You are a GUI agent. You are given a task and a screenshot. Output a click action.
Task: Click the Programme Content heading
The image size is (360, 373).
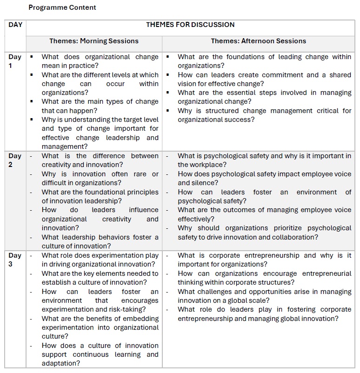pos(62,7)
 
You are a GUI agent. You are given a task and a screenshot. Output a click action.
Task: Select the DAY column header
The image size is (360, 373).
pos(15,25)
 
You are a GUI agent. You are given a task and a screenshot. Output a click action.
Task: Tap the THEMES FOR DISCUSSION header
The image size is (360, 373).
pos(190,25)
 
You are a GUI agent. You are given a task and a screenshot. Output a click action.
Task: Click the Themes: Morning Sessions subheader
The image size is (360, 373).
pos(94,41)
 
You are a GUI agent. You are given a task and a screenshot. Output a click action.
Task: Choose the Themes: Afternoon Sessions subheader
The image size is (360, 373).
pos(258,41)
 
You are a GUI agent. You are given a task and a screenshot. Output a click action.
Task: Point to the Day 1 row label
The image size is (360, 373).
pos(15,61)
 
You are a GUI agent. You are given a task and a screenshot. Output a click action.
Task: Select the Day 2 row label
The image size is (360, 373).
pos(15,160)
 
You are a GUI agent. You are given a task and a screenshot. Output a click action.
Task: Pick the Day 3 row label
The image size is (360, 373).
pos(15,260)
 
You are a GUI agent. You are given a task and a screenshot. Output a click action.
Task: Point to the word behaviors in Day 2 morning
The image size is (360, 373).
pos(110,237)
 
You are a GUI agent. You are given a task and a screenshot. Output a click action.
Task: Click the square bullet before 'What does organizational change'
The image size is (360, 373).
pos(31,57)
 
